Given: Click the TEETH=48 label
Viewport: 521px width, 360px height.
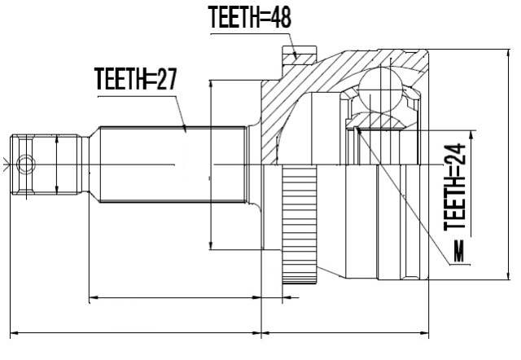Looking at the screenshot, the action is [250, 16].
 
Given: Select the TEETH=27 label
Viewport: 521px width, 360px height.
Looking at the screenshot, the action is [136, 78].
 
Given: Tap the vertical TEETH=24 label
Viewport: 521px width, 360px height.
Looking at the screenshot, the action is [454, 187].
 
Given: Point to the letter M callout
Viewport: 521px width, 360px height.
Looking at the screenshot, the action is [459, 252].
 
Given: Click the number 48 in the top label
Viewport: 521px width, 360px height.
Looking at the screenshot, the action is [281, 17].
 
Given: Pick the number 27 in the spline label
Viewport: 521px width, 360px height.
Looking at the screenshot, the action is [166, 79].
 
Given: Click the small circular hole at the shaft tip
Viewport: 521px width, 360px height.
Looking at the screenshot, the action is [26, 165].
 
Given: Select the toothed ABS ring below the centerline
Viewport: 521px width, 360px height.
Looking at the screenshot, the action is [300, 225].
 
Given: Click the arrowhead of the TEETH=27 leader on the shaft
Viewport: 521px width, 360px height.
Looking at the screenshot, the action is [185, 128].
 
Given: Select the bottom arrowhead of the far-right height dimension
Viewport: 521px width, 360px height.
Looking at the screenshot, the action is [508, 274].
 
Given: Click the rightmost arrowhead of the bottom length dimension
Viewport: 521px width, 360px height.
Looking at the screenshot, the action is [423, 332].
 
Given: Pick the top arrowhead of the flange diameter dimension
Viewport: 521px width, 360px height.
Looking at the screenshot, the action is [211, 86].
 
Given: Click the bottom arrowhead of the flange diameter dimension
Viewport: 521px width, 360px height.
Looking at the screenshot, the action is [211, 244].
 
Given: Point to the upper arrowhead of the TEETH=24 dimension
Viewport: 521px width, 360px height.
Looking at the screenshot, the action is [471, 136].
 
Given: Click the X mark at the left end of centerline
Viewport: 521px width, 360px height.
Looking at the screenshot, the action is [6, 165].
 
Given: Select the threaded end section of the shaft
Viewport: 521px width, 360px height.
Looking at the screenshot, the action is [46, 165].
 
